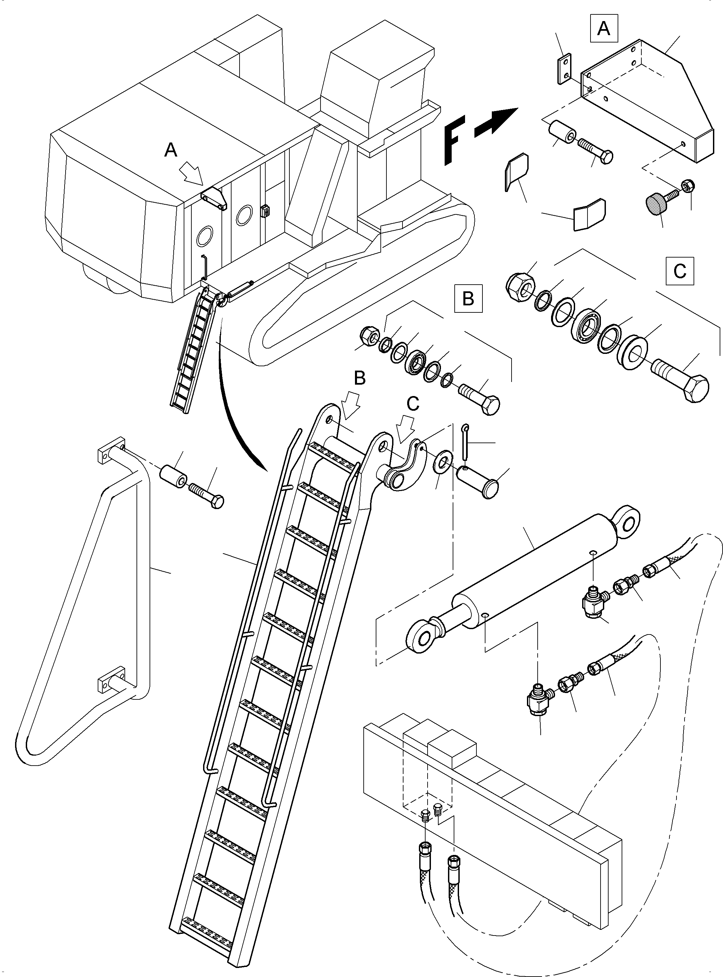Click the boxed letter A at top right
point(604,28)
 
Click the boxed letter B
point(468,298)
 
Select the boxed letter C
point(679,271)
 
